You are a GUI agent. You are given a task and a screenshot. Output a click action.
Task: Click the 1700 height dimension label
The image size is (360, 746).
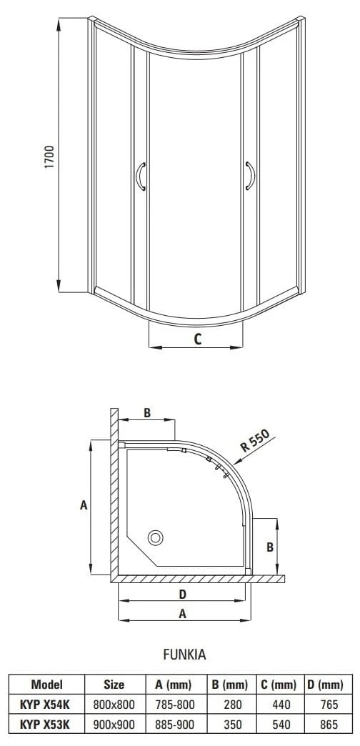pos(50,157)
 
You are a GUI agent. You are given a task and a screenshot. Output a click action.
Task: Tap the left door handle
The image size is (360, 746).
pos(139,176)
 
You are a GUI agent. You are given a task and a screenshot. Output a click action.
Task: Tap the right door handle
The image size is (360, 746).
pos(251,176)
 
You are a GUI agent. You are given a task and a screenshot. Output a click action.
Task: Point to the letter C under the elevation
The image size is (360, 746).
pos(197,339)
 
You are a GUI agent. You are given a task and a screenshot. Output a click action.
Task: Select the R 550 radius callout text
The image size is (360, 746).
pos(255,441)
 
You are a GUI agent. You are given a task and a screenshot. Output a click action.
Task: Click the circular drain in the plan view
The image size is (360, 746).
pos(156,537)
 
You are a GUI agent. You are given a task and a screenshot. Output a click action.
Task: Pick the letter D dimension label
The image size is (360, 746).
pos(182,594)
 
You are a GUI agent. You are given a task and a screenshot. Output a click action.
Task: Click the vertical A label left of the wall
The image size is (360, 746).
pos(84,505)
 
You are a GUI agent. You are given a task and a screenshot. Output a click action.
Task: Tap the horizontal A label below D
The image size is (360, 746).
pos(182,615)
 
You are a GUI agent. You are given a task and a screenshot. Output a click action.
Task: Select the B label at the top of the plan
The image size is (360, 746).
pos(147,413)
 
